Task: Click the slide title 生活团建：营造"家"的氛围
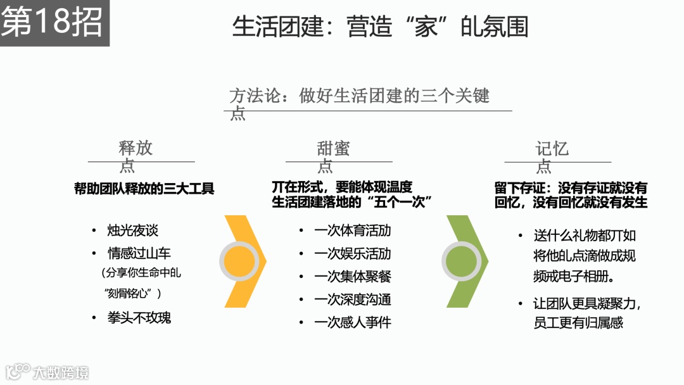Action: click(380, 27)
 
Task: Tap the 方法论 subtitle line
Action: click(359, 96)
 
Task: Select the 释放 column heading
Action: click(136, 149)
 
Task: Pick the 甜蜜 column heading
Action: click(333, 149)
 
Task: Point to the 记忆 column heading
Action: click(552, 149)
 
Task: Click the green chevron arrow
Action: click(464, 261)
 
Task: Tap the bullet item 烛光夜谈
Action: click(132, 230)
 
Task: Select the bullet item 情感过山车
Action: click(139, 253)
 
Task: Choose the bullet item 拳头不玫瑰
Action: click(139, 317)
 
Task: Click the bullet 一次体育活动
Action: click(352, 230)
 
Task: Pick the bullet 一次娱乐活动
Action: click(352, 253)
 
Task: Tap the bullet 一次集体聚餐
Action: click(352, 277)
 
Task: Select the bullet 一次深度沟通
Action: click(352, 300)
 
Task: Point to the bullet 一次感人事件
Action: click(352, 322)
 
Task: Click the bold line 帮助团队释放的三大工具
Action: click(144, 188)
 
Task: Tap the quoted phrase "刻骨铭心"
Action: click(133, 293)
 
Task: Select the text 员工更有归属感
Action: click(578, 322)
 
